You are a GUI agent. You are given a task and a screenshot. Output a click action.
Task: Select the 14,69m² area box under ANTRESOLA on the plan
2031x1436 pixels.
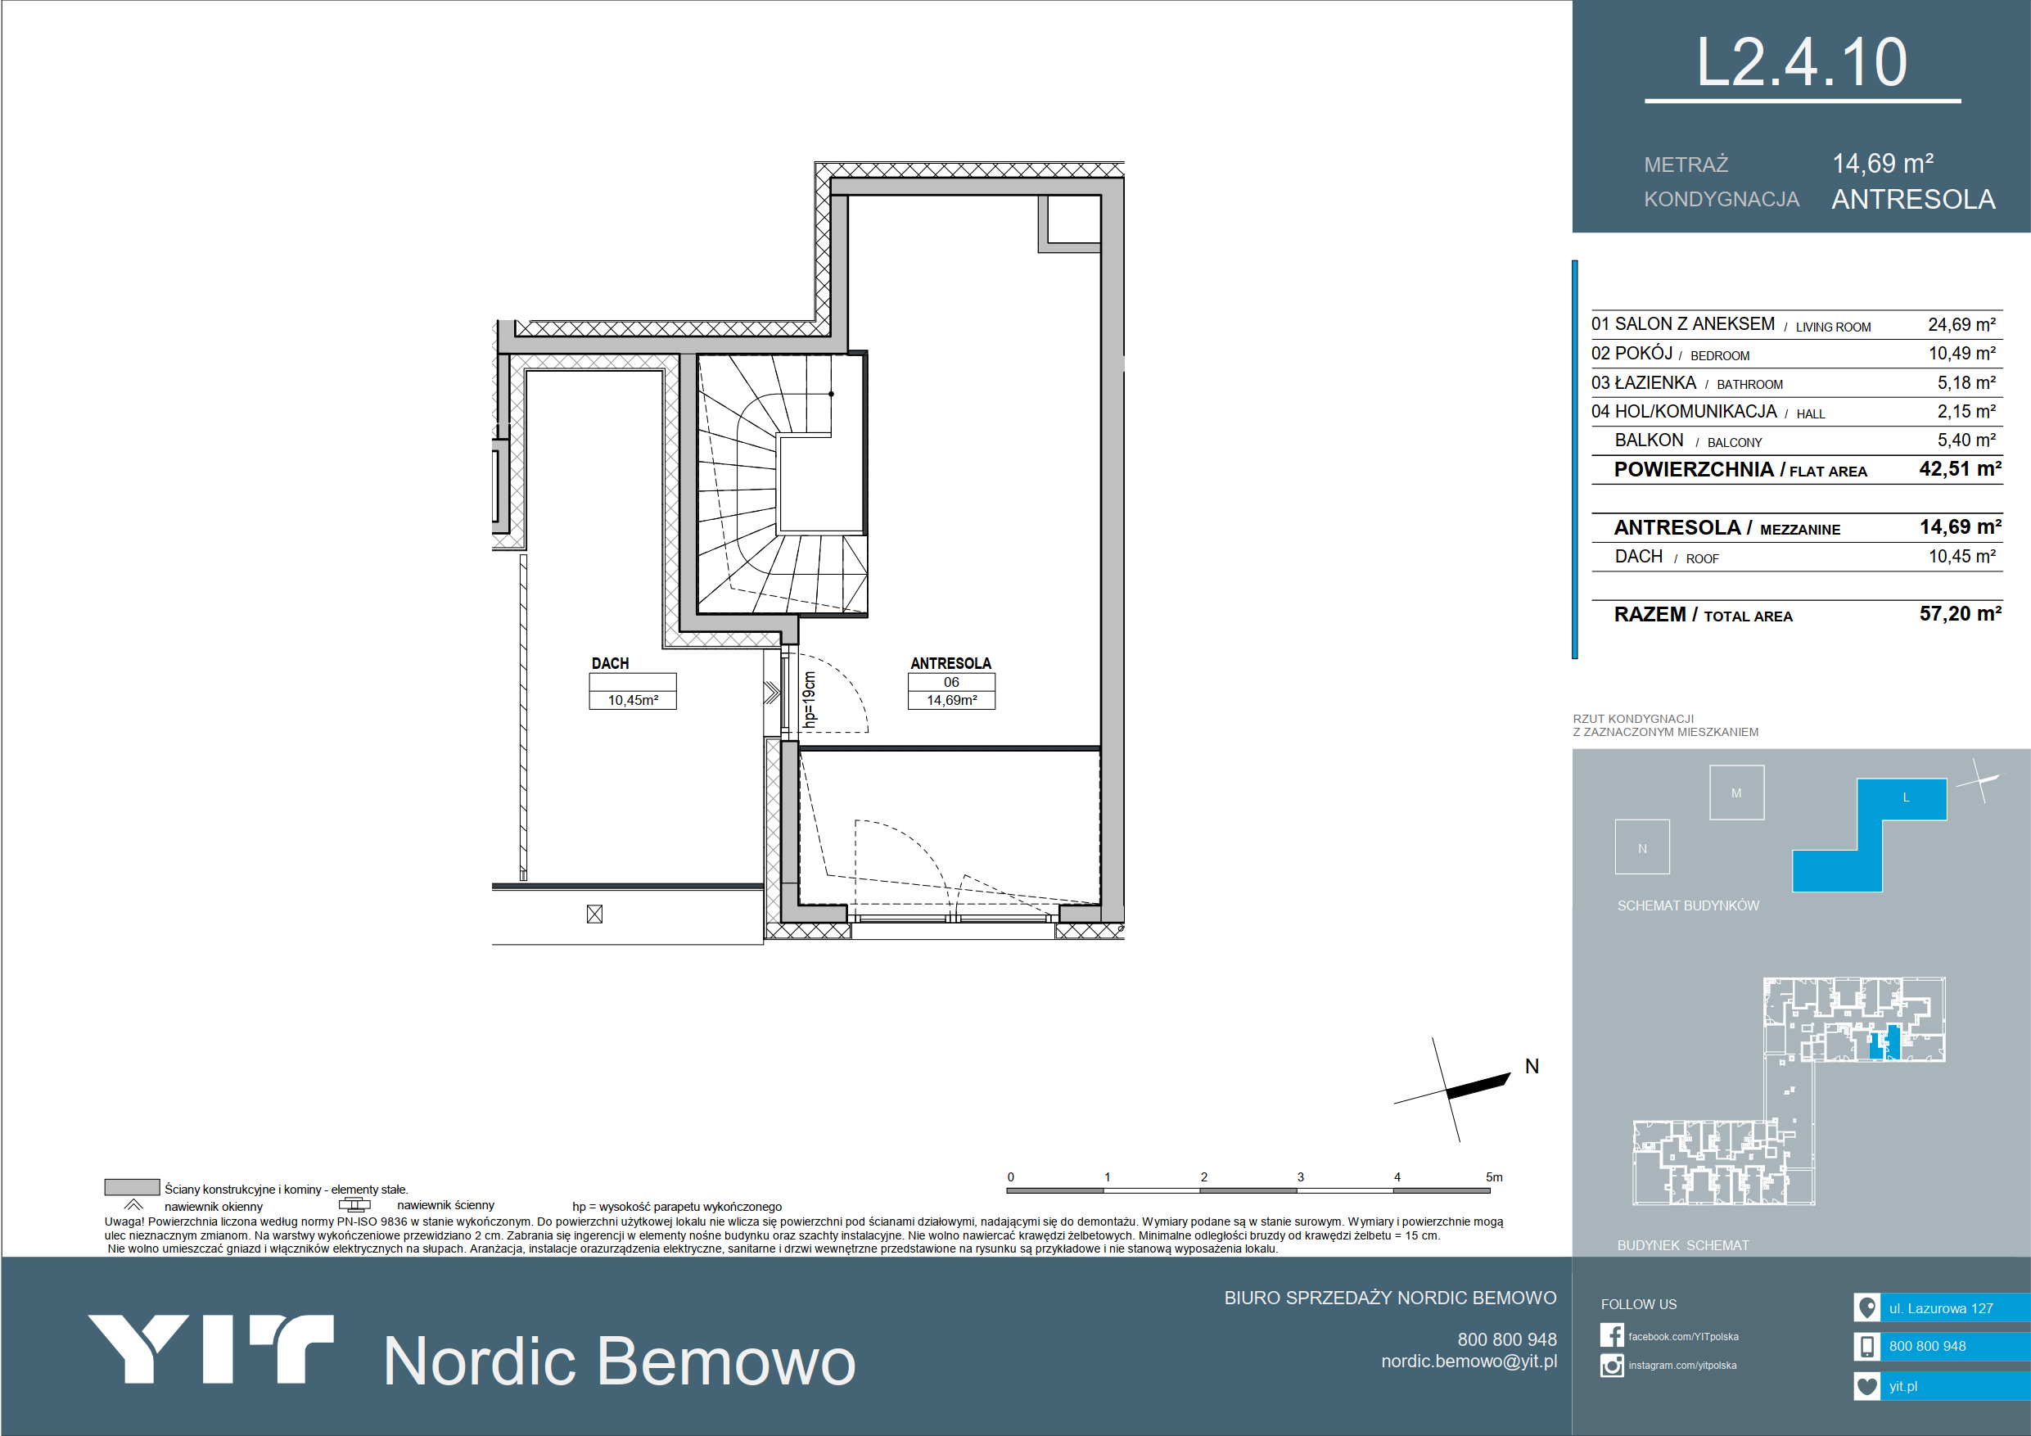coord(952,700)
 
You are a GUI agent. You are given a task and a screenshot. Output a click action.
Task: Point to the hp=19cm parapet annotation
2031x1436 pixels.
coord(809,699)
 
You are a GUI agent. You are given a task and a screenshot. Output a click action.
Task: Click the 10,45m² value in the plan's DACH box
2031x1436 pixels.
coord(633,700)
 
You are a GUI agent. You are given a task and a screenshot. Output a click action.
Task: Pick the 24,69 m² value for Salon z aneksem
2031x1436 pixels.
coord(1962,325)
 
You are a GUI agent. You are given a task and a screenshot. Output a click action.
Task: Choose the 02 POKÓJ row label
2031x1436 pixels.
coord(1632,353)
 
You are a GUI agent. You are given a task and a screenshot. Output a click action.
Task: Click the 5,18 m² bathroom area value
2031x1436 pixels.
coord(1966,382)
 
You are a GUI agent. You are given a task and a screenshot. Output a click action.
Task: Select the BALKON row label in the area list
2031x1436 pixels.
coord(1649,440)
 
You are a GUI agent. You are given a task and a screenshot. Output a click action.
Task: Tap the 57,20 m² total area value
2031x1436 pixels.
coord(1961,613)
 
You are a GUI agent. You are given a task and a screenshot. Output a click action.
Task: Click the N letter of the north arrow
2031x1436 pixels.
coord(1532,1066)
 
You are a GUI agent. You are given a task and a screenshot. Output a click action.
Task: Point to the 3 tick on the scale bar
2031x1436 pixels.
coord(1300,1176)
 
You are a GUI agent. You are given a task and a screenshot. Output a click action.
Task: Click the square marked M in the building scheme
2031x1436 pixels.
coord(1736,792)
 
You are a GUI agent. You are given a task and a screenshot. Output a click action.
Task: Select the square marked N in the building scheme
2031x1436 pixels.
coord(1642,847)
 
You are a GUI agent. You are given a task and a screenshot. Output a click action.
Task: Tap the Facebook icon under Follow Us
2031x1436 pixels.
coord(1612,1335)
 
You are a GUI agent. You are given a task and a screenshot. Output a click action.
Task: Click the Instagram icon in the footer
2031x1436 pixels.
coord(1612,1366)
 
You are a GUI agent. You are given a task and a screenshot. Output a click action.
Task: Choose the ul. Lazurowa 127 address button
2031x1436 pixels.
coord(1942,1307)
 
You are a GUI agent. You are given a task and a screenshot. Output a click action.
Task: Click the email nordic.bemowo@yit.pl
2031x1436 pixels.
coord(1469,1361)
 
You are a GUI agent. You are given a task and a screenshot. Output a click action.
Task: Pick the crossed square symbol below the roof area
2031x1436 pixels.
coord(594,914)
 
